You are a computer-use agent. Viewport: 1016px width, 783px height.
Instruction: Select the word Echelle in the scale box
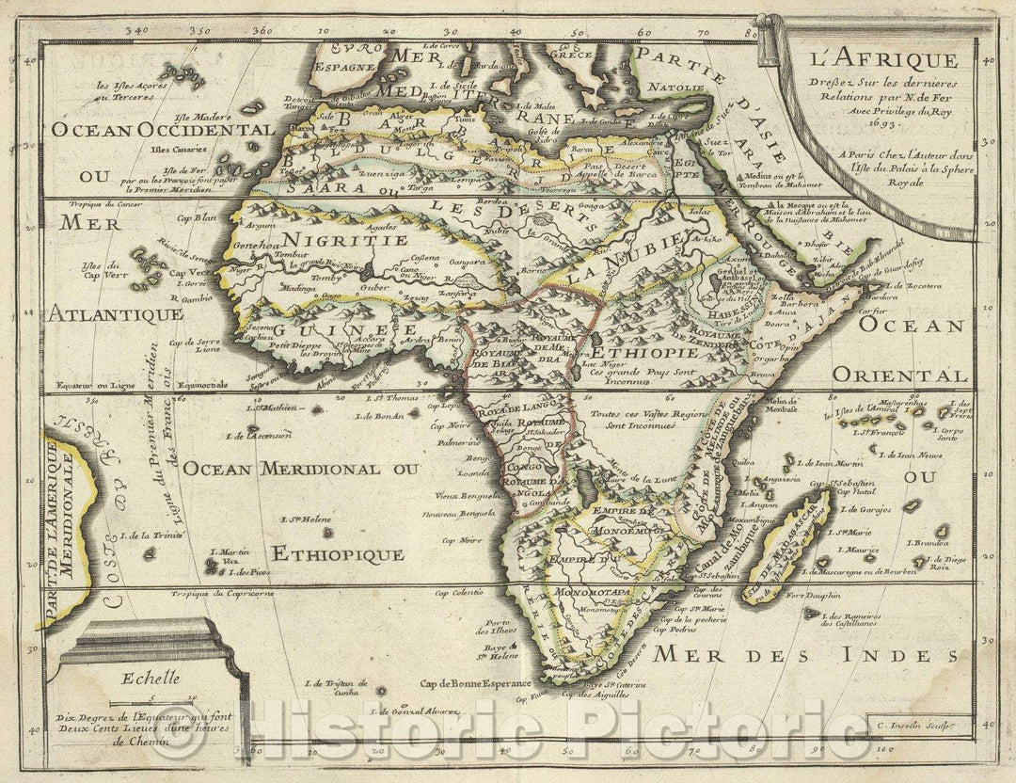139,673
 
